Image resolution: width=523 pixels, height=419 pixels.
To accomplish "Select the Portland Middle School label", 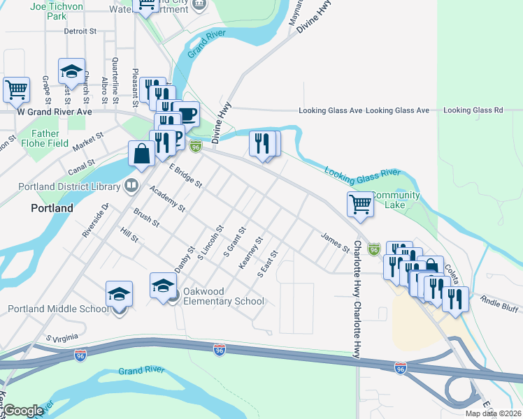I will click(x=55, y=309).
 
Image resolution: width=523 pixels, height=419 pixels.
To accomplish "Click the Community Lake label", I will click(x=395, y=200).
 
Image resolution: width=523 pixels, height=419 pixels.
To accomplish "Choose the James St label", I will click(x=335, y=242).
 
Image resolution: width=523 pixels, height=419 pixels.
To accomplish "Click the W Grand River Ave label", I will click(x=55, y=112).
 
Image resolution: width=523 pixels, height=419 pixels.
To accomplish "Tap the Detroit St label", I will click(x=79, y=31).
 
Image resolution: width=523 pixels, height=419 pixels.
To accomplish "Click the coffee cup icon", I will click(x=187, y=113).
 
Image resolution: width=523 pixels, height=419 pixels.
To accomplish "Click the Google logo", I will click(x=24, y=411).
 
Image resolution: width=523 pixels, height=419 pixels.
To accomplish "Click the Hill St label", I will click(x=130, y=235).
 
